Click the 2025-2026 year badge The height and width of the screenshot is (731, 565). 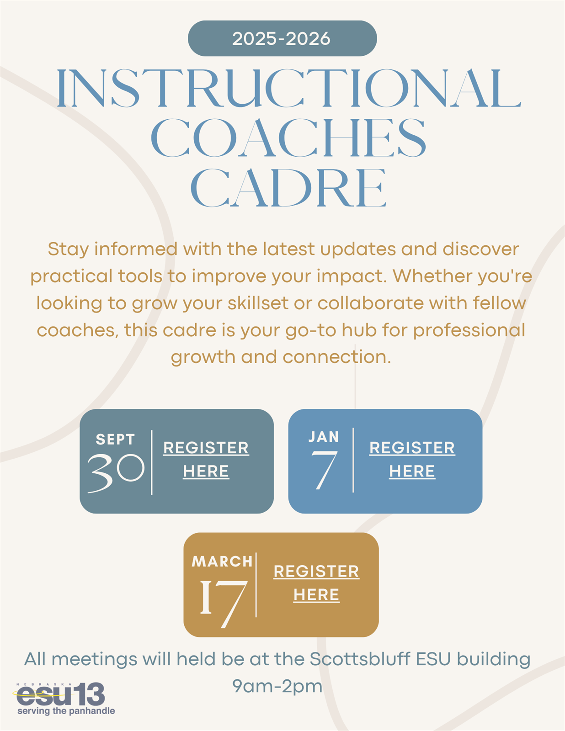[x=282, y=38]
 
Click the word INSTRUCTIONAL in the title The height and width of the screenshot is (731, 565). [x=289, y=88]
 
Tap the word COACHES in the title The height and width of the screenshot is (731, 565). [x=288, y=138]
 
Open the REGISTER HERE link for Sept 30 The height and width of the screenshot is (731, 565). [x=206, y=460]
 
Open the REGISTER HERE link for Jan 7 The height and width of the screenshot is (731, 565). [x=412, y=460]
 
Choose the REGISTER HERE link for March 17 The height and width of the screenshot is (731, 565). [x=316, y=583]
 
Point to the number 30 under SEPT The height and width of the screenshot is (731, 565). [x=116, y=473]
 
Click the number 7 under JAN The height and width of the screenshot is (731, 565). [x=324, y=471]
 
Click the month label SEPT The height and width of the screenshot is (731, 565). [x=116, y=440]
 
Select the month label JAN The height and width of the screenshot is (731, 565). [x=324, y=437]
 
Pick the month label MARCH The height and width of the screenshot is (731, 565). [x=222, y=561]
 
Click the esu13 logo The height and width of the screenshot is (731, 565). [x=61, y=694]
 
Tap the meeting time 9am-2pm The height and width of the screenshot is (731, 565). [x=277, y=687]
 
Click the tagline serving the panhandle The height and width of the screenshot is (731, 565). [x=66, y=711]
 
